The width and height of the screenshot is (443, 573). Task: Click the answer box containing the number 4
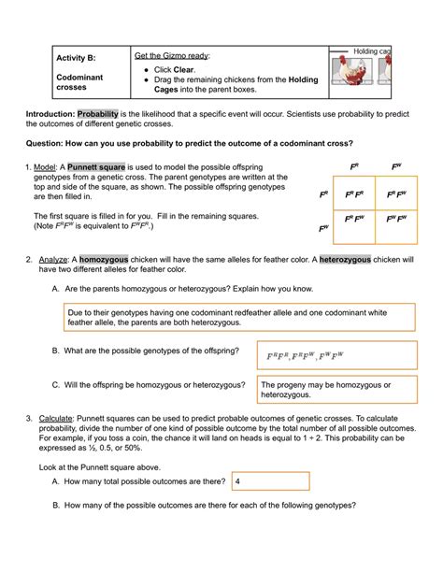tap(271, 481)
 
